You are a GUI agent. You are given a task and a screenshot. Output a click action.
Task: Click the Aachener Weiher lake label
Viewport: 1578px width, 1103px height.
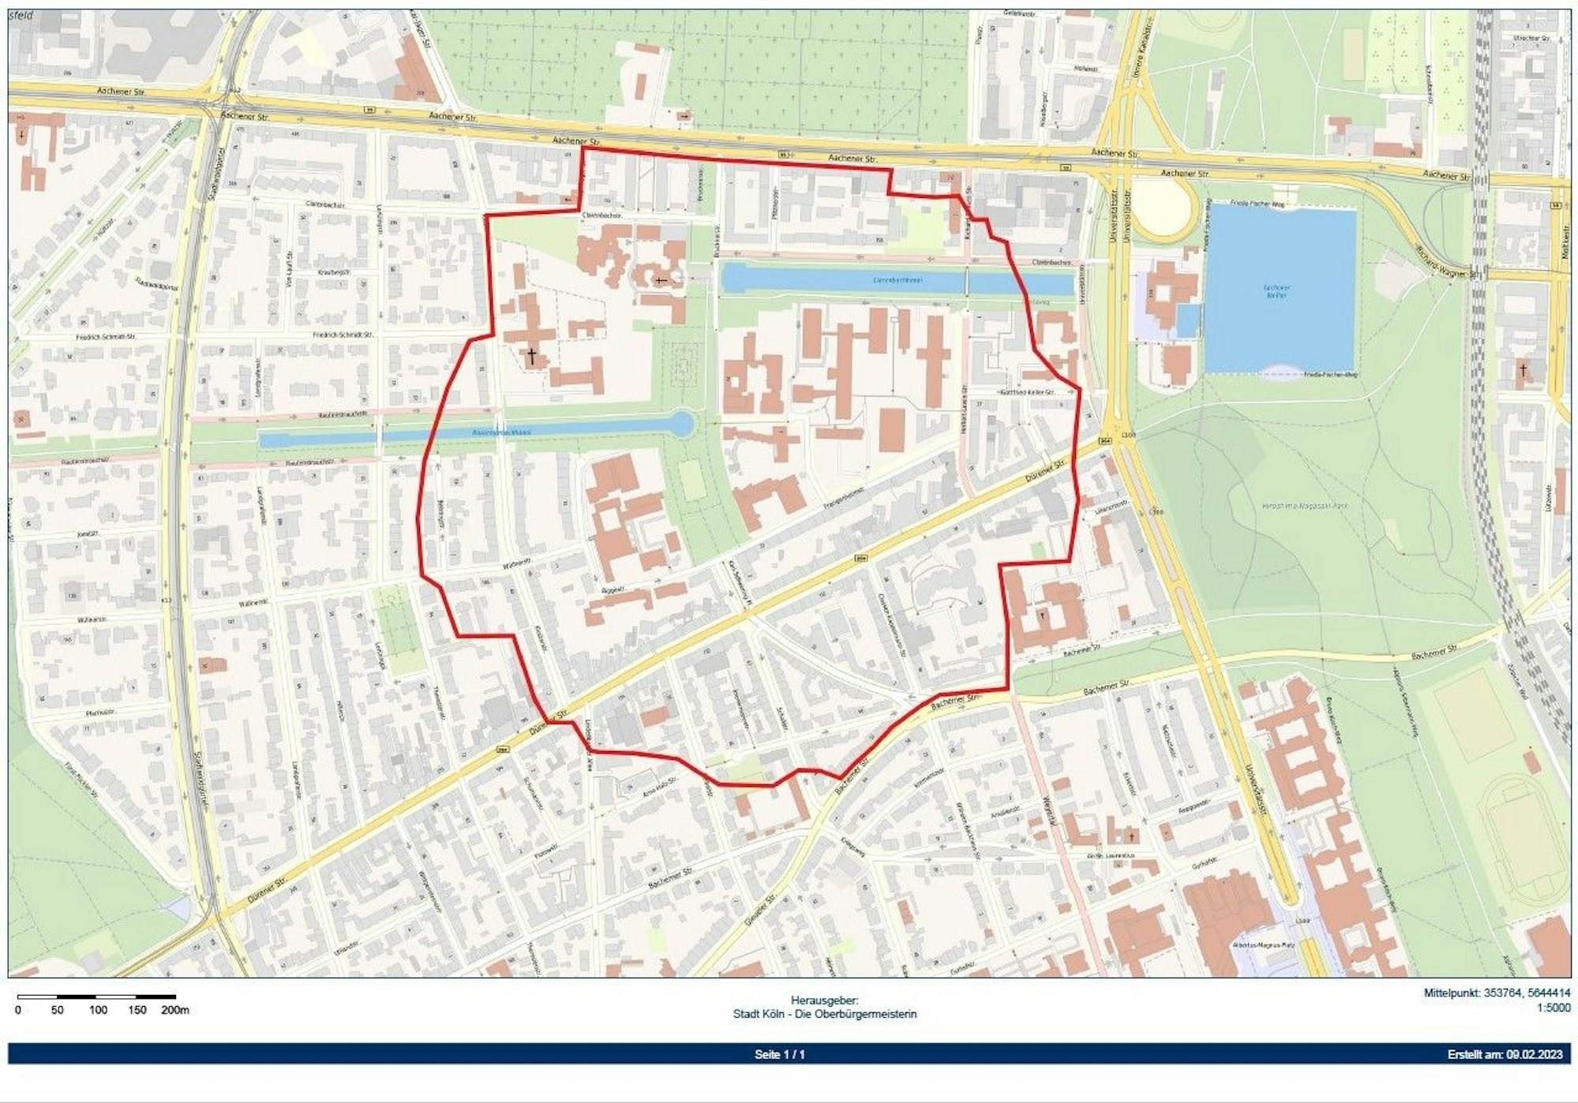coord(1276,291)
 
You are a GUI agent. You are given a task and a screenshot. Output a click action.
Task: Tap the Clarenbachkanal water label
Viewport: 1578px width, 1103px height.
coord(898,280)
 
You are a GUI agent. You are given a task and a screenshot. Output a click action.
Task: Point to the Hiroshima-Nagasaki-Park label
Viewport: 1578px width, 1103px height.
coord(1299,506)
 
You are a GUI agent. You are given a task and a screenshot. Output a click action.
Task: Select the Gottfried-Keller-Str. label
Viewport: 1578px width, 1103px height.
coord(1026,392)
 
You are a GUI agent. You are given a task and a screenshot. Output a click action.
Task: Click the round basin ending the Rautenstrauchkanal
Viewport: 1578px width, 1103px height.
coord(680,424)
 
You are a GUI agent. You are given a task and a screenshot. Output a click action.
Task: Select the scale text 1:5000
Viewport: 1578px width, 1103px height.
coord(1553,1008)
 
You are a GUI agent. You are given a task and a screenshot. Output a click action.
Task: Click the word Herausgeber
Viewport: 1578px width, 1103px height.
coord(824,1000)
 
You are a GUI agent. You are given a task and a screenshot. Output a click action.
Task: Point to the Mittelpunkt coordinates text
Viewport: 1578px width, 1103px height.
coord(1496,993)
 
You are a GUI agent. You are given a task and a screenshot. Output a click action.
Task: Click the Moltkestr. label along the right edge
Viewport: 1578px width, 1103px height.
coord(1561,234)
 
